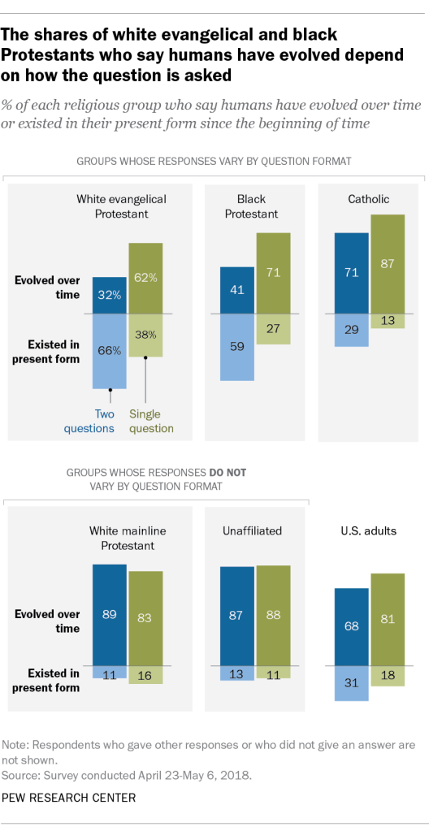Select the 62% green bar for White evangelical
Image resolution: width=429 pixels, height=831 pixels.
pyautogui.click(x=145, y=278)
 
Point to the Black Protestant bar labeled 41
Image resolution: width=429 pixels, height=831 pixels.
pyautogui.click(x=236, y=288)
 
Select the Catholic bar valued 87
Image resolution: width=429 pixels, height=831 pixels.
pyautogui.click(x=388, y=263)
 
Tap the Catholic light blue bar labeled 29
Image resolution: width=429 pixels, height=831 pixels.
pyautogui.click(x=351, y=330)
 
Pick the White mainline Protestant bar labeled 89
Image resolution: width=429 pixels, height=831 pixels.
pyautogui.click(x=109, y=614)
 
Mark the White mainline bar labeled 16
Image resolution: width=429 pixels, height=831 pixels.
pyautogui.click(x=145, y=674)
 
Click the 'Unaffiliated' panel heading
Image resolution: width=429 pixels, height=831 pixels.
pyautogui.click(x=252, y=530)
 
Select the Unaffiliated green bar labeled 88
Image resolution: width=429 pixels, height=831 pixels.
pyautogui.click(x=273, y=615)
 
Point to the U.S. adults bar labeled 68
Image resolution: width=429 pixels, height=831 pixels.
pyautogui.click(x=351, y=625)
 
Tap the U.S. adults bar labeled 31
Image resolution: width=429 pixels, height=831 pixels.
pyautogui.click(x=351, y=682)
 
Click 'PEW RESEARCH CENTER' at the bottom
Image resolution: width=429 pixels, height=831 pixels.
pyautogui.click(x=69, y=798)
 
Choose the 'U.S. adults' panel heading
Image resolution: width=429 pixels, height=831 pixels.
pyautogui.click(x=368, y=530)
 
